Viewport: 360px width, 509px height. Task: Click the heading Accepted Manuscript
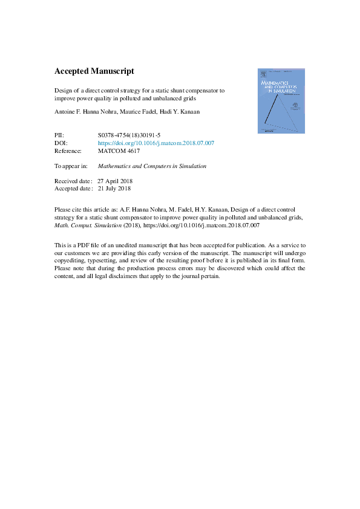pos(90,71)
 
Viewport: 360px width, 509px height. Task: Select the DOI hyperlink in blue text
pos(155,143)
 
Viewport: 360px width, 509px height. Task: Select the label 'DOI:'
pos(61,143)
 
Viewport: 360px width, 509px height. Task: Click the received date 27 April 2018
pos(115,181)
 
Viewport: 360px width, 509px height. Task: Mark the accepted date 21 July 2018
pos(114,189)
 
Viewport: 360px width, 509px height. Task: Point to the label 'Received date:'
pos(73,181)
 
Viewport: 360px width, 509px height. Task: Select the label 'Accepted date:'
pos(73,189)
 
